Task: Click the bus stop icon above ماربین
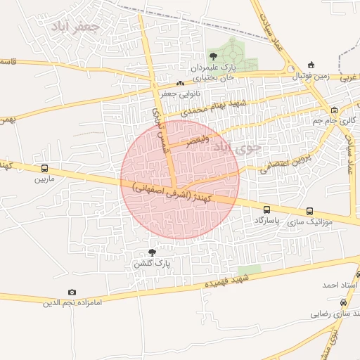(x=45, y=169)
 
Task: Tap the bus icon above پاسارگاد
(x=266, y=210)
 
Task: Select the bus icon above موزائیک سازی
(x=309, y=211)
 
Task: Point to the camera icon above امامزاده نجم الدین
(x=72, y=292)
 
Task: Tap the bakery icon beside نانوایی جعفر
(x=180, y=83)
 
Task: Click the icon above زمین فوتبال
(x=311, y=65)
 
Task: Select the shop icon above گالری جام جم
(x=334, y=110)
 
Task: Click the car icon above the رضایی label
(x=342, y=302)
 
